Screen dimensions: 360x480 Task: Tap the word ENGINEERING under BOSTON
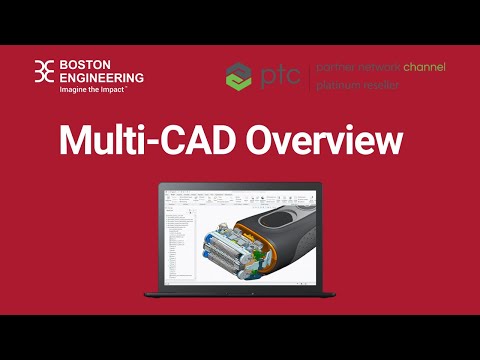(x=101, y=77)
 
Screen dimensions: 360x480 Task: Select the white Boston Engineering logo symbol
(x=45, y=72)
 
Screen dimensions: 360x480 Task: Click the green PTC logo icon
(x=239, y=76)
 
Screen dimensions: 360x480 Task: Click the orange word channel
(x=424, y=67)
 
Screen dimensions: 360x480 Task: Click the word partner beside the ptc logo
(x=337, y=67)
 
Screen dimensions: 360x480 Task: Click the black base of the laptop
(x=240, y=293)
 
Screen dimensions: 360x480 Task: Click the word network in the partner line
(x=380, y=67)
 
